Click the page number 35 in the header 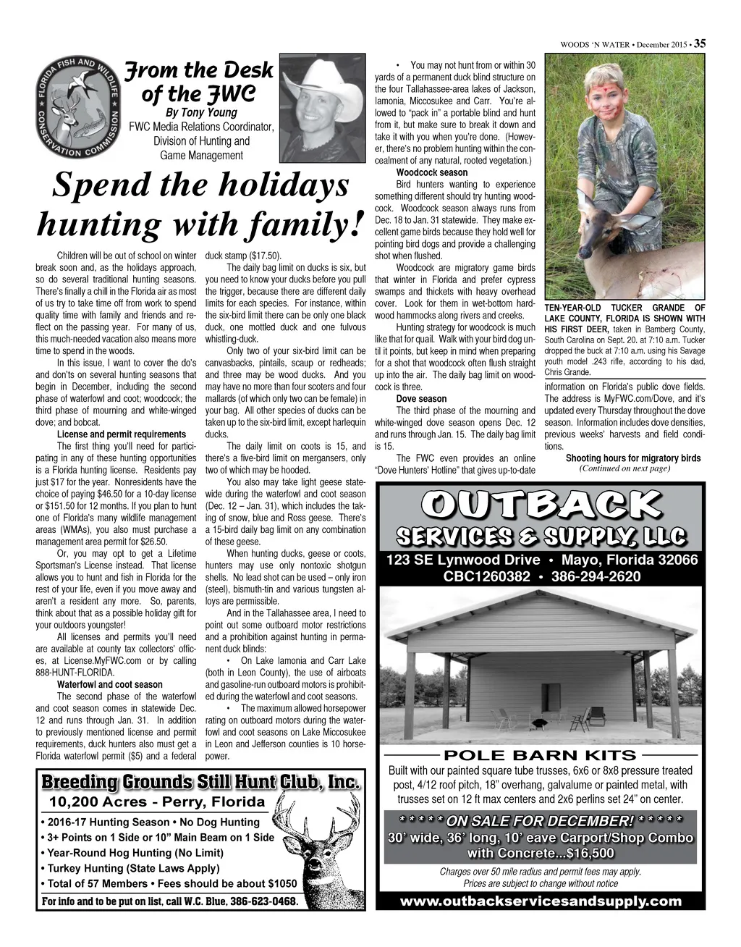point(700,44)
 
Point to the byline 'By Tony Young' point(201,112)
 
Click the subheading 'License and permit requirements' point(121,434)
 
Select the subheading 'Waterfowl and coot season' point(109,684)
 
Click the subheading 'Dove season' point(421,399)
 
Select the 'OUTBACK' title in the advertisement point(541,505)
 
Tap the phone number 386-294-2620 point(596,577)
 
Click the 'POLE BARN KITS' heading point(540,756)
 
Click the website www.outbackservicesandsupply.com point(541,901)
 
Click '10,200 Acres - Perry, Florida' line point(157,802)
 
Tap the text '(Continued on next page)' point(625,468)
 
